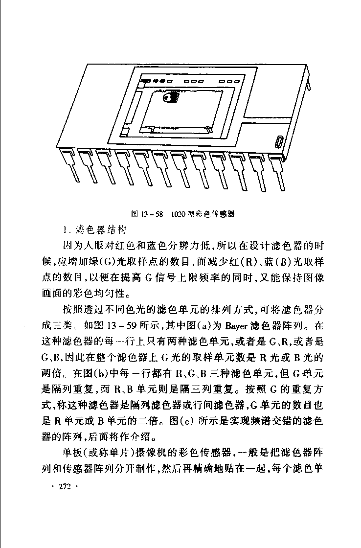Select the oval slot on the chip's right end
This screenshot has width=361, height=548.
(279, 142)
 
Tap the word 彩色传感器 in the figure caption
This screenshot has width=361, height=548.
(214, 214)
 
